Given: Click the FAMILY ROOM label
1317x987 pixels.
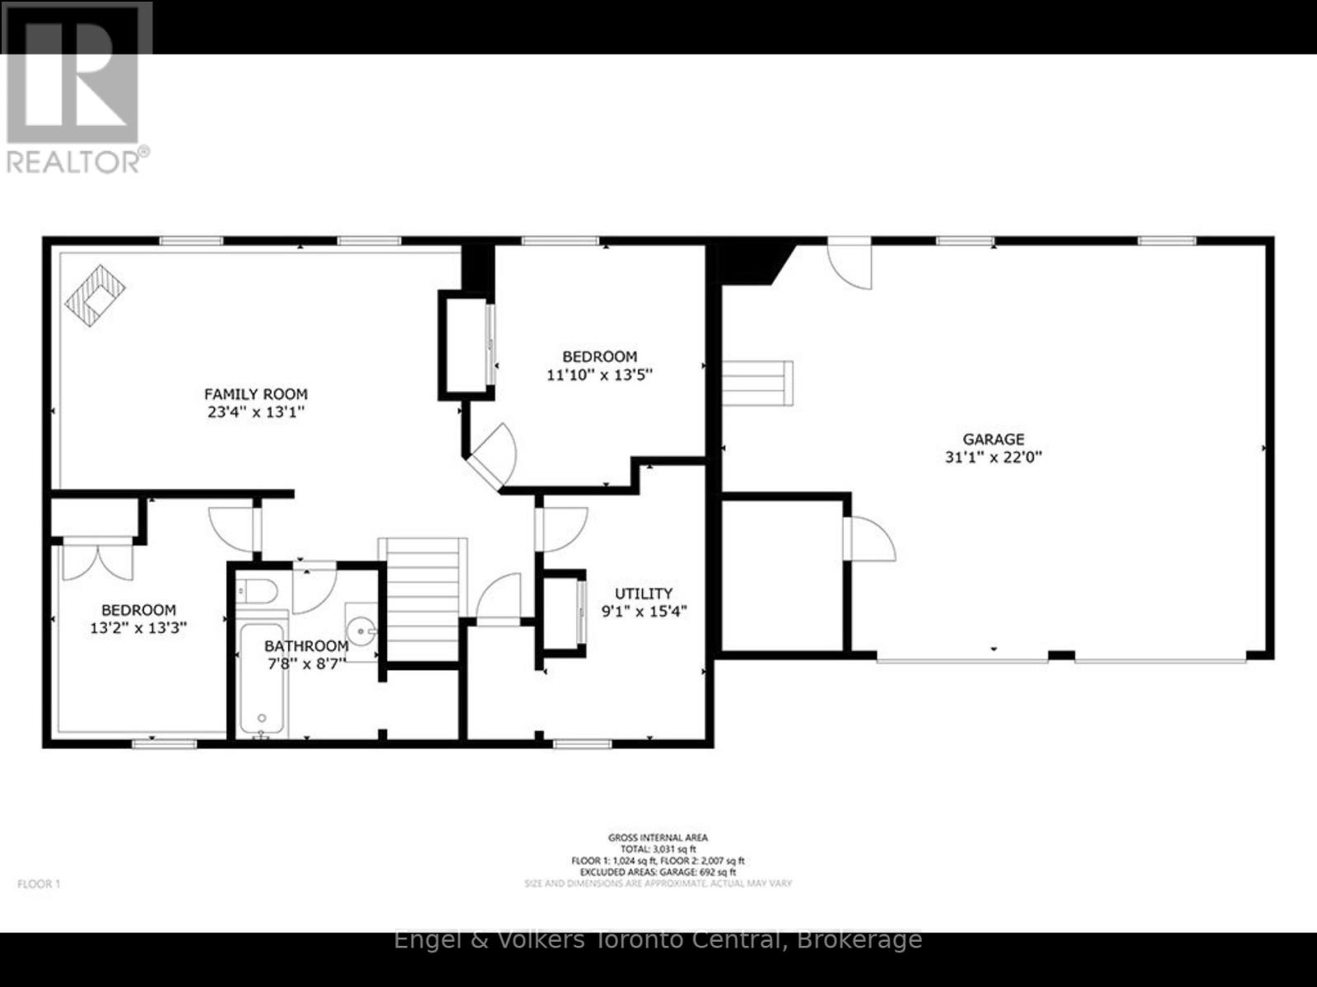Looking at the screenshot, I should point(256,394).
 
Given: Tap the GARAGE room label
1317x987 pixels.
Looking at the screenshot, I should point(994,440).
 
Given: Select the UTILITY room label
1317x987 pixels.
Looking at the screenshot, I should point(644,594).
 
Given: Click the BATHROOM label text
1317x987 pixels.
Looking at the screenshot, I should point(306,646).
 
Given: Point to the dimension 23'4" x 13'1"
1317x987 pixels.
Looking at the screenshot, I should point(256,412).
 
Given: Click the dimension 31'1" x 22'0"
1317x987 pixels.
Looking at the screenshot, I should point(994,458).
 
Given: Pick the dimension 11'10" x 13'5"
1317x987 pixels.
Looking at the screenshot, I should point(599,375).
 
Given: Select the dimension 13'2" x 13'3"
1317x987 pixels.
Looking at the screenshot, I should point(138,628).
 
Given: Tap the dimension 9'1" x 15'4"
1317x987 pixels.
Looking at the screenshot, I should point(644,612).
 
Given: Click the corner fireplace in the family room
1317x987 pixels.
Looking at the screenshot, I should point(95,294).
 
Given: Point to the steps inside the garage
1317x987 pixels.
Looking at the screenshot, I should point(758,383).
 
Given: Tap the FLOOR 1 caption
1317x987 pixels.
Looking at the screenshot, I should point(39,884).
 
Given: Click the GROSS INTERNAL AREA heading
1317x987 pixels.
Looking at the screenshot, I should point(658,838).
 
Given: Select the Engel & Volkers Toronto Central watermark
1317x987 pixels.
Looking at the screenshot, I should point(658,939).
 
